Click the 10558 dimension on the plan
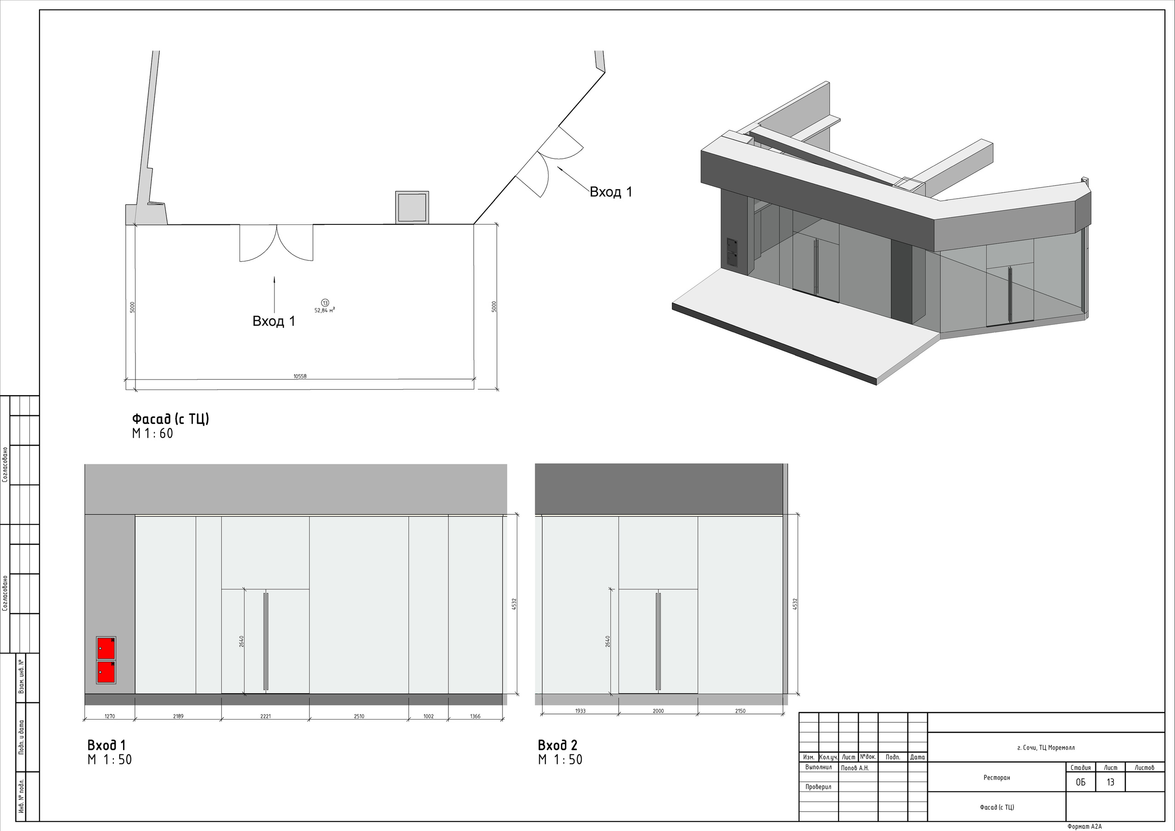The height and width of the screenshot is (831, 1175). (300, 376)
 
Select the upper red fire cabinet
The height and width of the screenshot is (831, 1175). (106, 648)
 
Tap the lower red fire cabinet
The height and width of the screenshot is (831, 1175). (106, 671)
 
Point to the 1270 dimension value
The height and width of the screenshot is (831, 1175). (110, 716)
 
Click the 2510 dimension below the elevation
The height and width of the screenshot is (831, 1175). (359, 716)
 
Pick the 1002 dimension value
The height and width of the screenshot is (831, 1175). (428, 716)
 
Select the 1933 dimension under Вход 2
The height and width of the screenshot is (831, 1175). (580, 711)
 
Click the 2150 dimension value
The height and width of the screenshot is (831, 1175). (740, 711)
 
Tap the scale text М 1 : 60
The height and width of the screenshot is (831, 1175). (152, 434)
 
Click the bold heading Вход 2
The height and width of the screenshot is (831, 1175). (557, 745)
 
